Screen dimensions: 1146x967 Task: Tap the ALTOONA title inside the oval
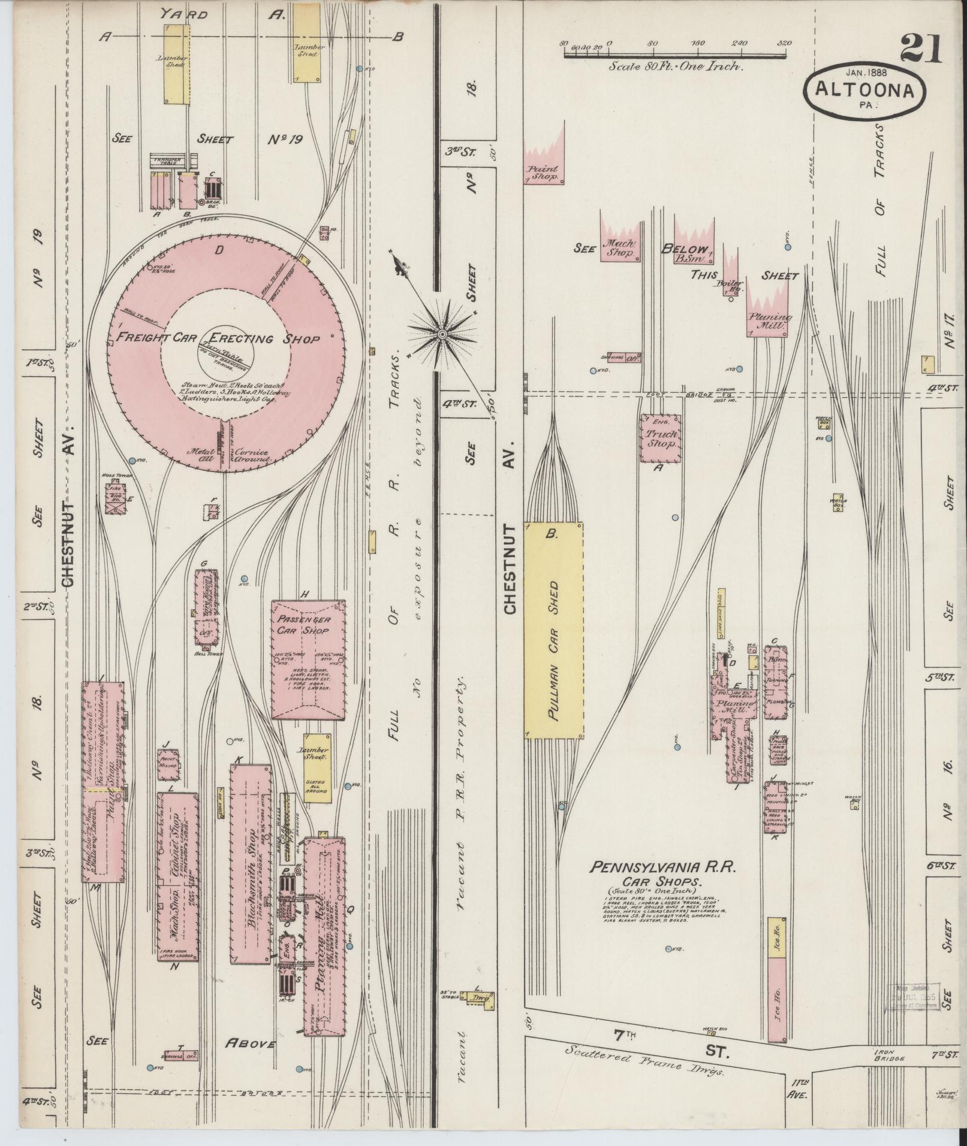(x=864, y=90)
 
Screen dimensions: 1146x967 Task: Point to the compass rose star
(x=442, y=333)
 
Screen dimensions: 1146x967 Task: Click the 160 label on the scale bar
(x=697, y=43)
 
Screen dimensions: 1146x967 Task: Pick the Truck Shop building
(x=661, y=439)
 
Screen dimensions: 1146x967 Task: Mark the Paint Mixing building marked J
(x=168, y=764)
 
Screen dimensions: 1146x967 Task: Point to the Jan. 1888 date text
(x=866, y=71)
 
